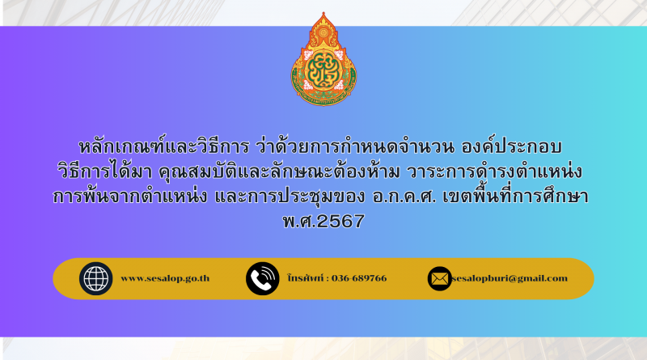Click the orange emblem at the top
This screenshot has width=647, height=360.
coord(323,59)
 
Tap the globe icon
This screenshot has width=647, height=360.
coord(95,278)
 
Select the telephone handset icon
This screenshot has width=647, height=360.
coord(262,278)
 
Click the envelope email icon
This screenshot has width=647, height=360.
coord(439,278)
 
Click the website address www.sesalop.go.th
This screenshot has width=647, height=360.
coord(165,278)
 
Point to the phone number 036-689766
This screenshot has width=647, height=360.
coord(359,278)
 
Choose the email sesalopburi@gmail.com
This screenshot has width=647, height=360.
coord(510,278)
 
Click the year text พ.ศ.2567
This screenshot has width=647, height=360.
coord(323,222)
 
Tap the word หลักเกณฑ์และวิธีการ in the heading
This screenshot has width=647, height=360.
coord(164,147)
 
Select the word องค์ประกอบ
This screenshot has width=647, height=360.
coord(511,146)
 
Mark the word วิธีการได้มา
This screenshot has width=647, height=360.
coord(105,171)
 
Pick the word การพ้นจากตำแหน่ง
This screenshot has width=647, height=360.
coord(130,196)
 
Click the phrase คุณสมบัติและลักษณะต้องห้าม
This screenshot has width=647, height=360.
coord(279,171)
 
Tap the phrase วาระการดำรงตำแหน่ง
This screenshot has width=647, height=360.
coord(494,171)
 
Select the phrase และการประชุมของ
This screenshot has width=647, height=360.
coord(290,197)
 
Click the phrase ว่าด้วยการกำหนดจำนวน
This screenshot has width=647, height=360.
coord(355,146)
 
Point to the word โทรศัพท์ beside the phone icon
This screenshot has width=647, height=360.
coord(306,278)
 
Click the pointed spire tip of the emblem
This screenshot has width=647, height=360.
coord(323,12)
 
